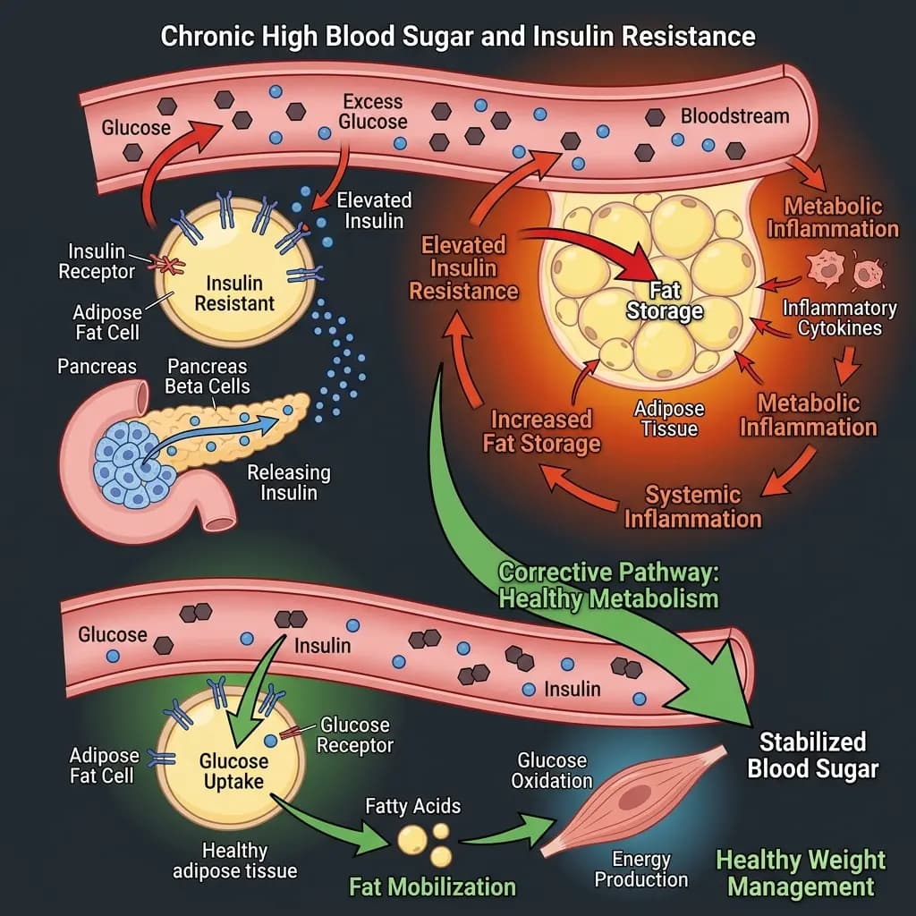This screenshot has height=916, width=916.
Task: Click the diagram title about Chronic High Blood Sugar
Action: (x=458, y=37)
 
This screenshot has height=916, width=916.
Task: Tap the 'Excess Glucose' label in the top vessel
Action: (x=374, y=112)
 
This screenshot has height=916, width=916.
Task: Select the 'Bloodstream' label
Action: (x=734, y=116)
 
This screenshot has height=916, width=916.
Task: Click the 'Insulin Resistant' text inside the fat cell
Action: (x=234, y=293)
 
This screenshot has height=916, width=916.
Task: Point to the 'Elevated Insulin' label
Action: (x=374, y=210)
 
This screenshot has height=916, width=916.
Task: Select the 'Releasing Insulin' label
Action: (x=288, y=482)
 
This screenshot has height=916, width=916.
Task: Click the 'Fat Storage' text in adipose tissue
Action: (x=665, y=301)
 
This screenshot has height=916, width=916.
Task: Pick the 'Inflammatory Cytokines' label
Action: (x=838, y=318)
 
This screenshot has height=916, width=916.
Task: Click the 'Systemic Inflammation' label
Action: (x=692, y=506)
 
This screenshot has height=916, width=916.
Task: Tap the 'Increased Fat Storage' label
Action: (x=542, y=430)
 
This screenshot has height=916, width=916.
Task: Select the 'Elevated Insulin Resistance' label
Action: (x=463, y=267)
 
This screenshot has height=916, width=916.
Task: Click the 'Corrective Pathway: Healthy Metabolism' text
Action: (x=607, y=585)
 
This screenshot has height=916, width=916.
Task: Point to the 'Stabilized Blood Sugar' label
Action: (x=812, y=755)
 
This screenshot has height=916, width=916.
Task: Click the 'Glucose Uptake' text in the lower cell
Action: (x=233, y=771)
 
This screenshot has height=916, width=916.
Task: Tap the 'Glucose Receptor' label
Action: (x=355, y=734)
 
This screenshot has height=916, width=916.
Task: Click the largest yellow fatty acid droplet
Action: (x=412, y=839)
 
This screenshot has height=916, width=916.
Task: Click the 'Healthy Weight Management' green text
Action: (x=801, y=873)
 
